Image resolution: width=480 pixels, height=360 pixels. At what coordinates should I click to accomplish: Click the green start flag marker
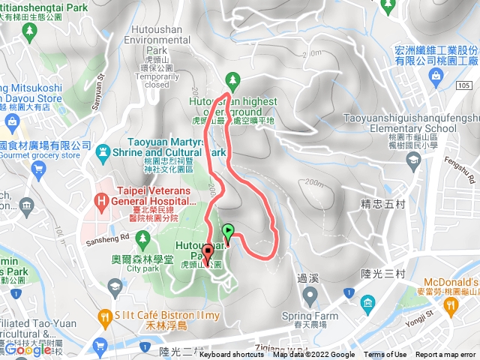click(x=228, y=231)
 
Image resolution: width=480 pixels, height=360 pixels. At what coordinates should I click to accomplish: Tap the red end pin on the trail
click(x=208, y=253)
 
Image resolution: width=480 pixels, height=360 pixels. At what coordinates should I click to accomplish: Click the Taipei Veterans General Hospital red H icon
click(x=103, y=201)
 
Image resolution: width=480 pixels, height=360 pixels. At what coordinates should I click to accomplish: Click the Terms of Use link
click(x=385, y=355)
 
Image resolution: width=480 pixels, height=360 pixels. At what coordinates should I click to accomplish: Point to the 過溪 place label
click(x=307, y=277)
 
